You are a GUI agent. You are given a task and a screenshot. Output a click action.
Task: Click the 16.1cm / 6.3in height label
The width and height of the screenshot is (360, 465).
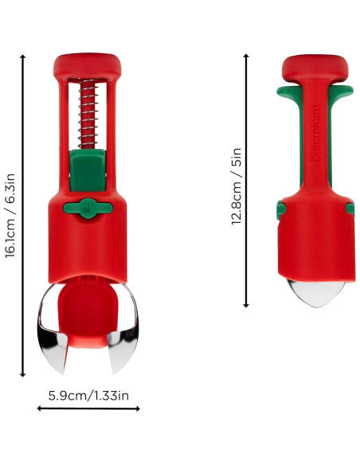pyautogui.click(x=10, y=216)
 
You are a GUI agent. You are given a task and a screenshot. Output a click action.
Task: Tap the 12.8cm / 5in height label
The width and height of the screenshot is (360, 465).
pyautogui.click(x=237, y=186)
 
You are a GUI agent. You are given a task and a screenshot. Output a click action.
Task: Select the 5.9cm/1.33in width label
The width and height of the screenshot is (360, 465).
pyautogui.click(x=88, y=396)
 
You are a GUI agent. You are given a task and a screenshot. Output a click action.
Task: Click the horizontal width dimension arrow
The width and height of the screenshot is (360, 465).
pyautogui.click(x=88, y=408)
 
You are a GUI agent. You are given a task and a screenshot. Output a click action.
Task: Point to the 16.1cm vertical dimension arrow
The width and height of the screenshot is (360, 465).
pyautogui.click(x=22, y=216)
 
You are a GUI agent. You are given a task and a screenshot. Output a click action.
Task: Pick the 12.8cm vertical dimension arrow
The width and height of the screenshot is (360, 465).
pyautogui.click(x=246, y=181)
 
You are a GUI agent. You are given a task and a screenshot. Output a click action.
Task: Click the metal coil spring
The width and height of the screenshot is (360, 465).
pyautogui.click(x=88, y=114)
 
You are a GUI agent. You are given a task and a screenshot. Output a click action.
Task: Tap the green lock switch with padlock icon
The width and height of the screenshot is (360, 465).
pyautogui.click(x=88, y=208)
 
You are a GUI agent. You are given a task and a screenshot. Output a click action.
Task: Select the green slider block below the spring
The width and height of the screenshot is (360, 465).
pyautogui.click(x=88, y=170)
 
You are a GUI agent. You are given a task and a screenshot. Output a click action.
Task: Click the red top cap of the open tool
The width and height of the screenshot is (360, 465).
pyautogui.click(x=88, y=68)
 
